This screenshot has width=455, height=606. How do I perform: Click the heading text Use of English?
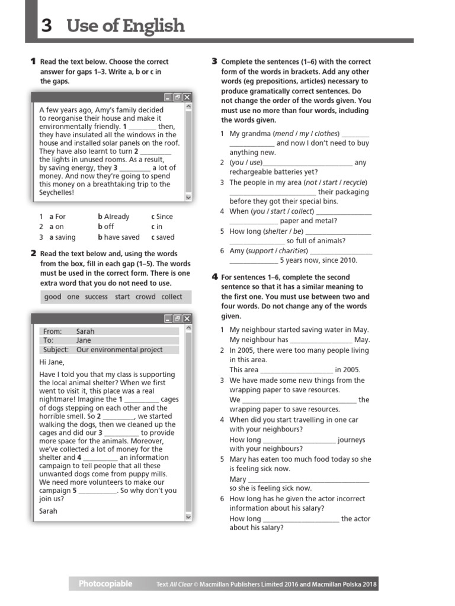(x=126, y=26)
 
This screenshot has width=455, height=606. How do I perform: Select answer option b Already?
(x=113, y=217)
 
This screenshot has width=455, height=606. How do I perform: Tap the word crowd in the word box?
(x=145, y=296)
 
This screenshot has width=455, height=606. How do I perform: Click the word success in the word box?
(x=96, y=296)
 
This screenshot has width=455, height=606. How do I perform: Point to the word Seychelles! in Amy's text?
(x=57, y=192)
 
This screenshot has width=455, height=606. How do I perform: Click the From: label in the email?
(x=52, y=331)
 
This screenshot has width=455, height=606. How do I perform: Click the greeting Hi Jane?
(x=52, y=362)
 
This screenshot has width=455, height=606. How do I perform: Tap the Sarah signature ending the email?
(x=49, y=511)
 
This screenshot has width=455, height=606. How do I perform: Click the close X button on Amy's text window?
(x=187, y=97)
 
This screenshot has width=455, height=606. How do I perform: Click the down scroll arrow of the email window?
(x=189, y=517)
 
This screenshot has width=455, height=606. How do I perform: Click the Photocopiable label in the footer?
(x=105, y=584)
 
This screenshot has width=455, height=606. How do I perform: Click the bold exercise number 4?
(x=214, y=277)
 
